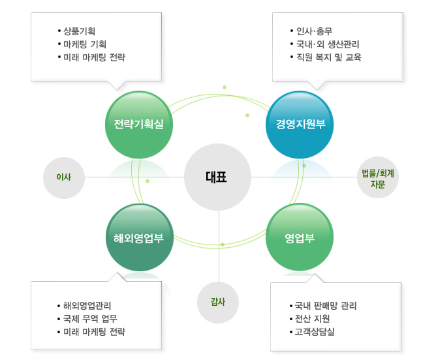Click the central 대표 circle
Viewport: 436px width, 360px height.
pyautogui.click(x=217, y=177)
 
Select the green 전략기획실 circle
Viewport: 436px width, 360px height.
pyautogui.click(x=139, y=125)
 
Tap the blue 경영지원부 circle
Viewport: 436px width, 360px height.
pyautogui.click(x=300, y=125)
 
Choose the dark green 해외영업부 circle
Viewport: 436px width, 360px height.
pyautogui.click(x=140, y=237)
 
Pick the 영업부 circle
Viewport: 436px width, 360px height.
pyautogui.click(x=300, y=237)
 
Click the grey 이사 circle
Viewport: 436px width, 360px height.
pyautogui.click(x=64, y=178)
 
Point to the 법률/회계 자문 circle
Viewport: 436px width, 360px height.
pyautogui.click(x=378, y=177)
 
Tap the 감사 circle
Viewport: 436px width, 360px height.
pyautogui.click(x=218, y=302)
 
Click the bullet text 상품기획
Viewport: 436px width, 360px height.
pyautogui.click(x=79, y=31)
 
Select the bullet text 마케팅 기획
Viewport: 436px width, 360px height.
pyautogui.click(x=85, y=44)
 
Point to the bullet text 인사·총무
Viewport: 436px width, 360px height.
pyautogui.click(x=314, y=31)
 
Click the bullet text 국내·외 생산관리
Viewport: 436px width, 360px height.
pyautogui.click(x=328, y=44)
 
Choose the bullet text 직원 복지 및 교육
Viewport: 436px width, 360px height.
pyautogui.click(x=329, y=57)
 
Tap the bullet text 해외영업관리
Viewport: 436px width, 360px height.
pyautogui.click(x=87, y=306)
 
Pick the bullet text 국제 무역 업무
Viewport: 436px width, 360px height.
pyautogui.click(x=90, y=319)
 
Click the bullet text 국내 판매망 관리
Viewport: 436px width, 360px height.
pyautogui.click(x=326, y=306)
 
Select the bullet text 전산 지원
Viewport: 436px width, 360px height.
pyautogui.click(x=312, y=319)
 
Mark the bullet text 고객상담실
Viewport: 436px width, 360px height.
pyautogui.click(x=315, y=332)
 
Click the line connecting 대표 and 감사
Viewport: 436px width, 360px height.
pyautogui.click(x=219, y=246)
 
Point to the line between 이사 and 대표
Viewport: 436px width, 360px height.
pyautogui.click(x=134, y=177)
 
